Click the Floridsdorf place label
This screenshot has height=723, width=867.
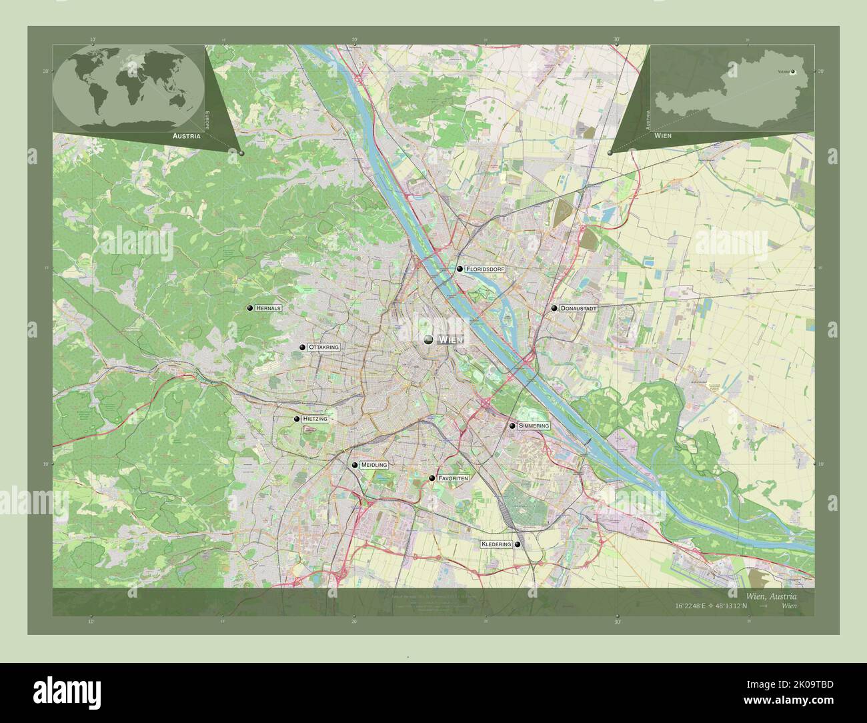click(x=486, y=269)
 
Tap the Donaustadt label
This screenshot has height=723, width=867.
click(x=578, y=309)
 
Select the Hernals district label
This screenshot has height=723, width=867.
click(x=269, y=308)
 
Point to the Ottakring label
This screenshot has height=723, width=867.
click(x=324, y=347)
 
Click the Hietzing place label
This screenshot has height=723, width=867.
click(x=315, y=419)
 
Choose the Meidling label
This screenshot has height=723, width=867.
click(x=373, y=465)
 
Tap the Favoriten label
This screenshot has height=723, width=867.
click(x=454, y=478)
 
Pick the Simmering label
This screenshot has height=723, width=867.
click(x=534, y=426)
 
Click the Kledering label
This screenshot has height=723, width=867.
click(x=496, y=544)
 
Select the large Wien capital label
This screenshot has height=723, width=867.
click(x=450, y=339)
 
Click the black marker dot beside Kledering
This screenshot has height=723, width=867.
click(x=518, y=544)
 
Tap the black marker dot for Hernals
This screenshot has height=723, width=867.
click(x=250, y=308)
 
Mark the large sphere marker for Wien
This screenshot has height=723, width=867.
click(x=429, y=339)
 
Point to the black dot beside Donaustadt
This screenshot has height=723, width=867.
click(x=554, y=309)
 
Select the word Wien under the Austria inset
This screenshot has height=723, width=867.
click(x=663, y=135)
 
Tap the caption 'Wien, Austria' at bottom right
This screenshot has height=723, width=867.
click(x=770, y=595)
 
